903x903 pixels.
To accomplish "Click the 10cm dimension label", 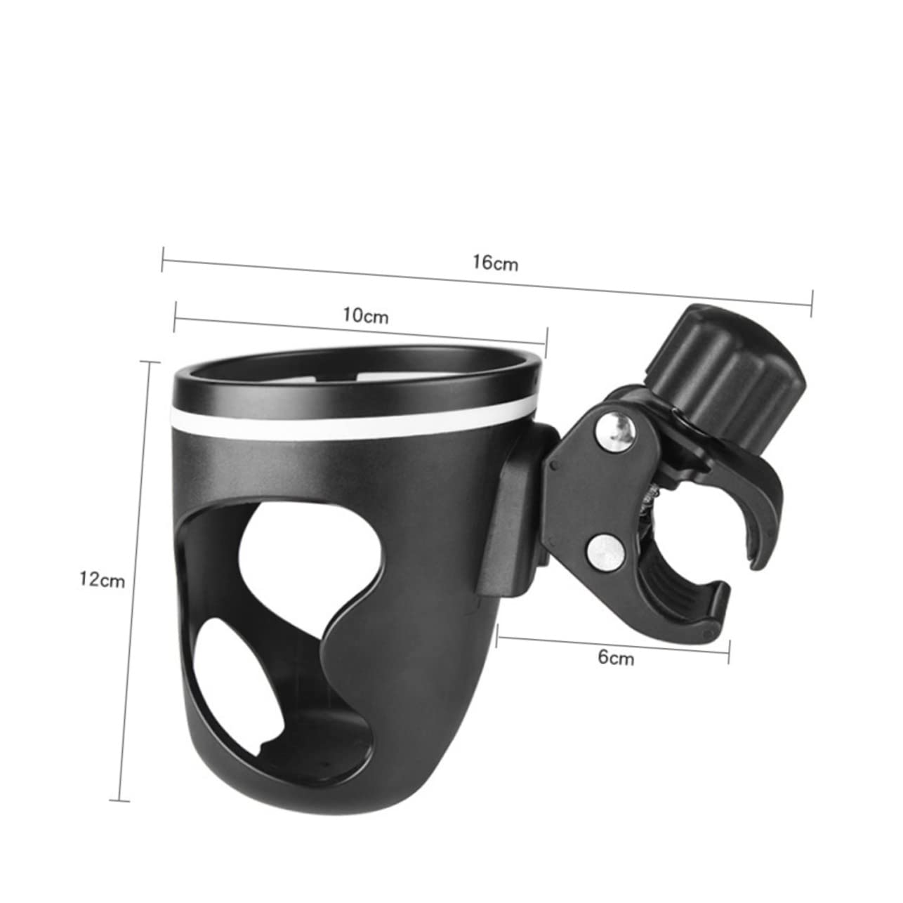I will click(x=365, y=315).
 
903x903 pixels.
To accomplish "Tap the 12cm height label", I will click(x=102, y=579).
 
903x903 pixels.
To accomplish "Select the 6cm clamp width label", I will click(x=616, y=657).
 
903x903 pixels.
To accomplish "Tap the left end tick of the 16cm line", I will click(x=163, y=258).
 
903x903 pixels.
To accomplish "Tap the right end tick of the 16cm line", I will click(x=812, y=303).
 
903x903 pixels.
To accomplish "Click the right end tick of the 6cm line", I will click(x=730, y=652).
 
